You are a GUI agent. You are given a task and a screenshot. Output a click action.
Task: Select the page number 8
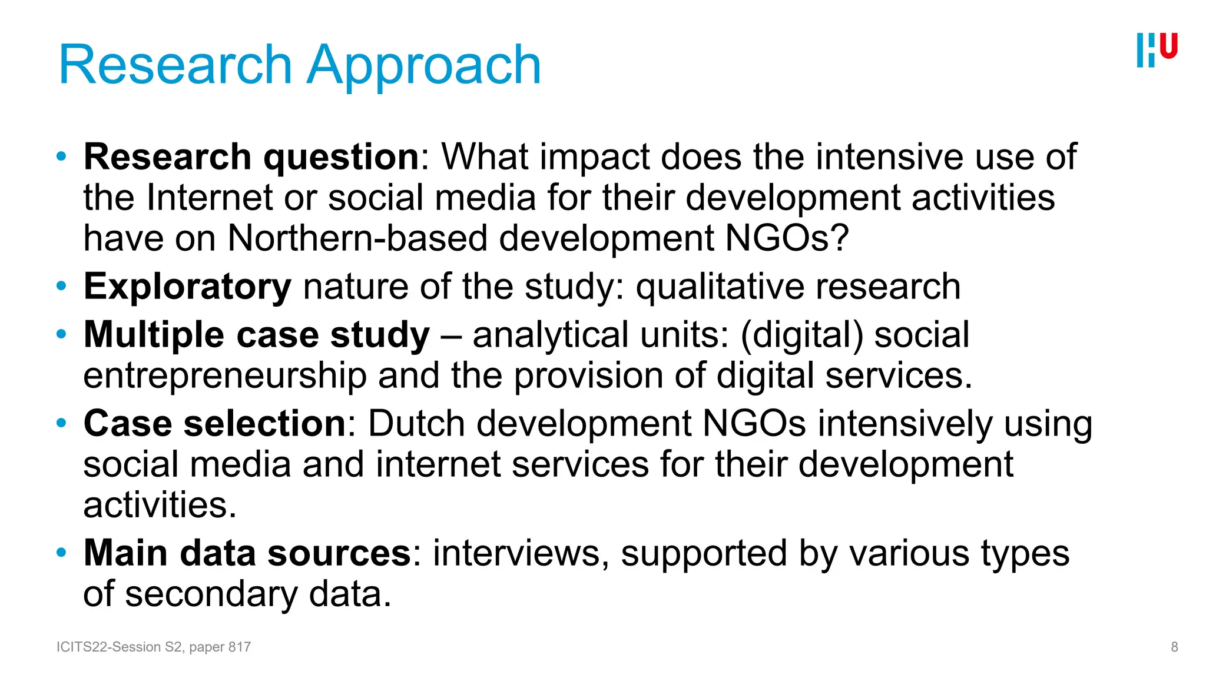coord(1174,647)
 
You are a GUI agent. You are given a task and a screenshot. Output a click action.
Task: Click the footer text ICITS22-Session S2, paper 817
coord(154,647)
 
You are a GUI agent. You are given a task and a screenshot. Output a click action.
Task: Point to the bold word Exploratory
coord(187,287)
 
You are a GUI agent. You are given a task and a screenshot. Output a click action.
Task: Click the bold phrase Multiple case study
coord(257,335)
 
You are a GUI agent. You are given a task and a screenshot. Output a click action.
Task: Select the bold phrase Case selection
coord(215,423)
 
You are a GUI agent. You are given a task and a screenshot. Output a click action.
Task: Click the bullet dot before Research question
coord(61,157)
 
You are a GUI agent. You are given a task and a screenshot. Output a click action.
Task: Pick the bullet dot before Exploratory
coord(61,287)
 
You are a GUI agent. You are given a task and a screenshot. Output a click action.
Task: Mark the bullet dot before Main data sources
coord(61,553)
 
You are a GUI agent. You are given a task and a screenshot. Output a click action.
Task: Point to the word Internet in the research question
coord(210,197)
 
